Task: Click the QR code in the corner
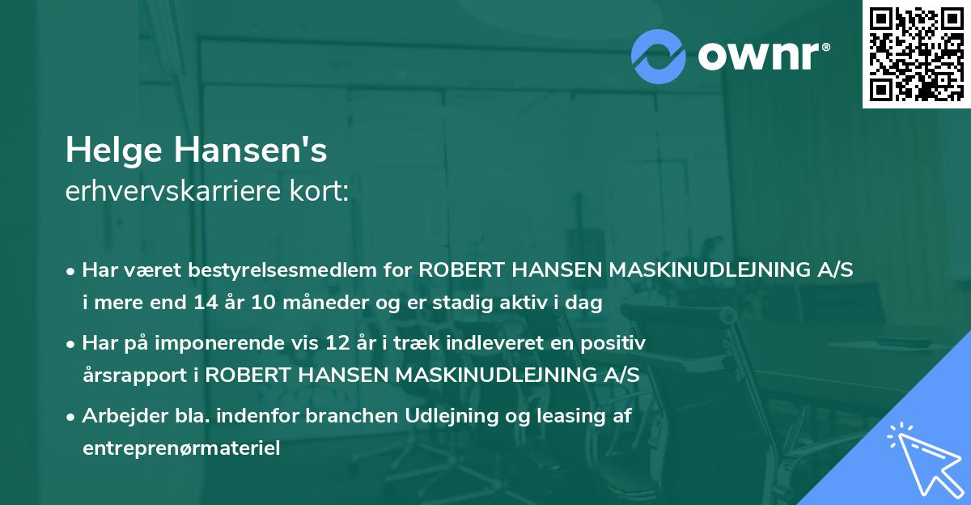917,53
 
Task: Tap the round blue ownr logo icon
659,57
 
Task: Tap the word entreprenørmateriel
181,448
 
